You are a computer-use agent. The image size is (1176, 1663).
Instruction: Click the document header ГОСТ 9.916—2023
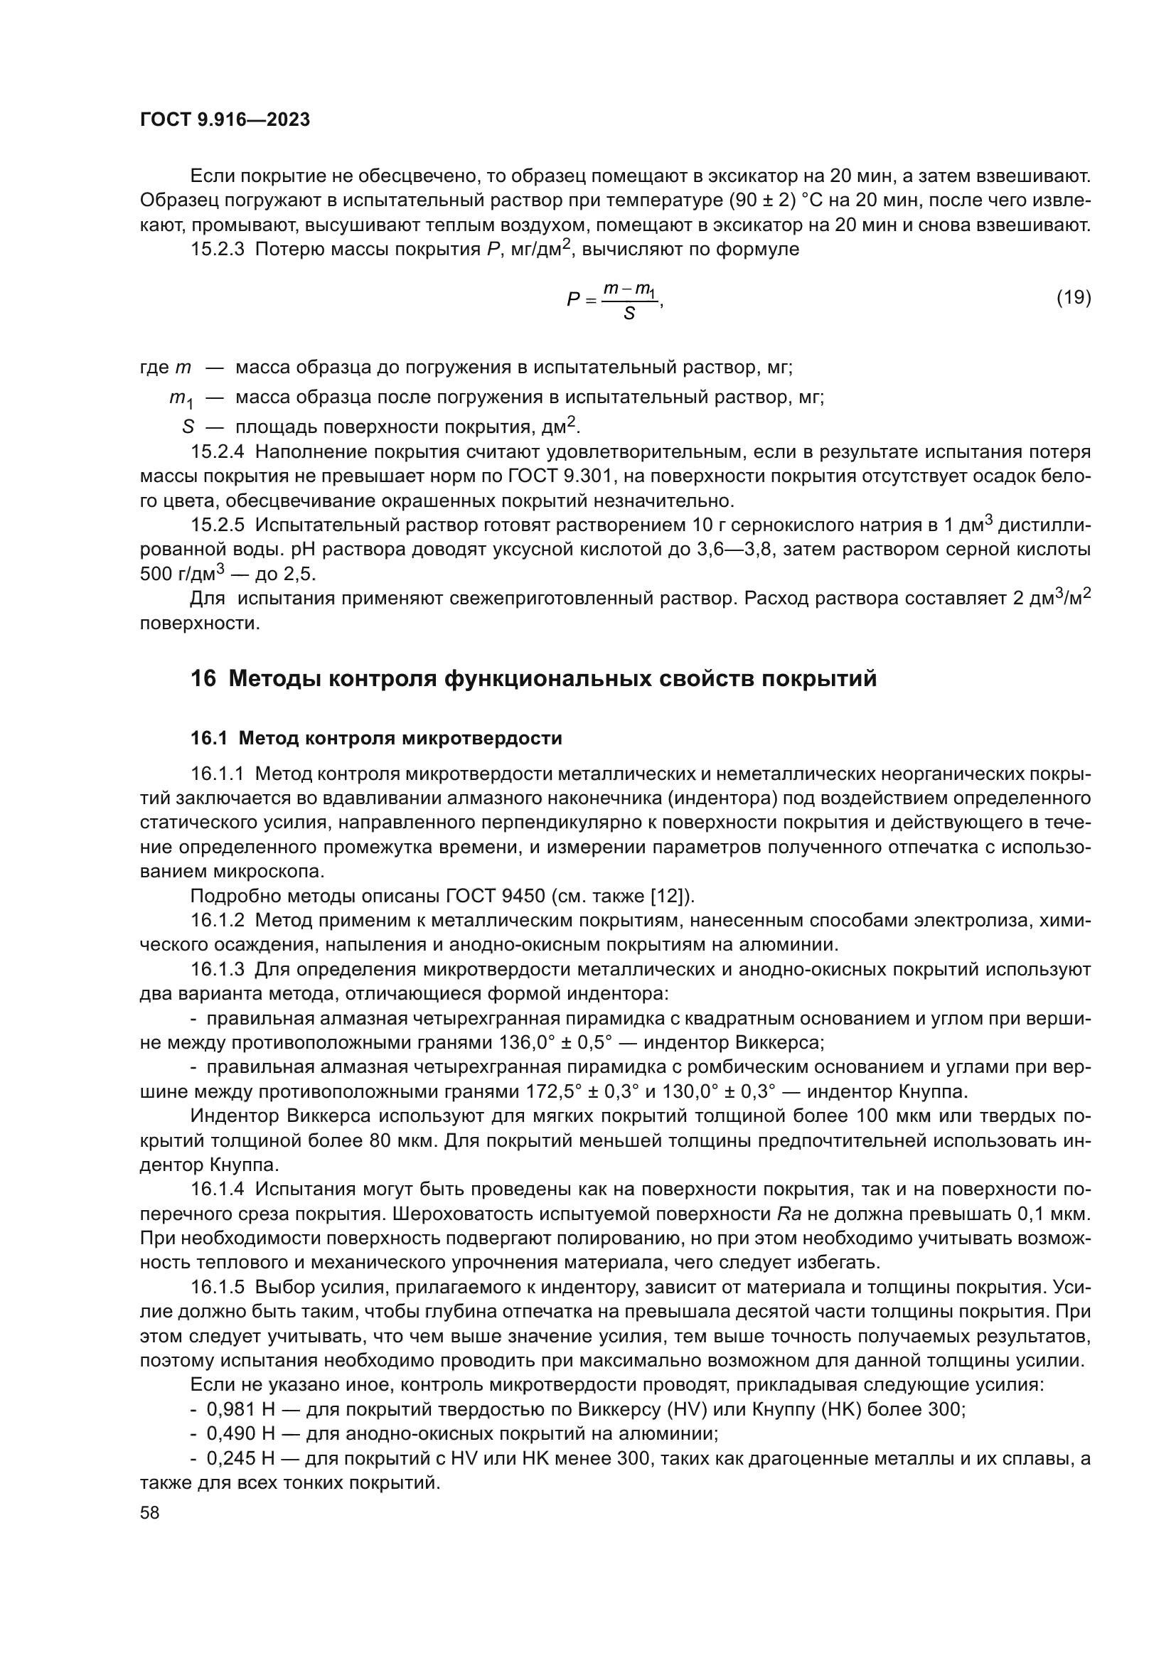tap(225, 119)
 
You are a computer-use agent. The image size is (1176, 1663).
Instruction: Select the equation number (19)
tap(1073, 297)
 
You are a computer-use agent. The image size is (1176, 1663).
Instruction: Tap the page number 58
tap(149, 1512)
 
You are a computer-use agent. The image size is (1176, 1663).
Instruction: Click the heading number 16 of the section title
tap(203, 679)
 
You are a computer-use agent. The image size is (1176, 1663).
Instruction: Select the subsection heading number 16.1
tap(208, 738)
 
